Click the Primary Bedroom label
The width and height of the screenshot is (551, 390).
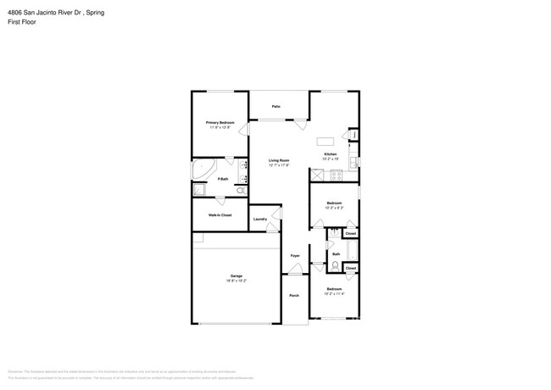click(x=220, y=122)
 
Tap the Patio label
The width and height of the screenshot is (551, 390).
click(x=276, y=106)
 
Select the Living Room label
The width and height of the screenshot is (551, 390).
click(x=280, y=160)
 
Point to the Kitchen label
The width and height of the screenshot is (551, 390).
click(x=331, y=153)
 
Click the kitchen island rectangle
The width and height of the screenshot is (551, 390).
click(x=326, y=141)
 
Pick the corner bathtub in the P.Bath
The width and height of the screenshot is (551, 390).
click(x=201, y=170)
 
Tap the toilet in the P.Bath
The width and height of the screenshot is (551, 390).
click(x=241, y=192)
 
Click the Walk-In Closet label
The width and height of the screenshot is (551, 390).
click(x=220, y=214)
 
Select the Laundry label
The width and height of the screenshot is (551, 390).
click(x=260, y=219)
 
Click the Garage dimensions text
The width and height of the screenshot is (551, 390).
click(x=237, y=280)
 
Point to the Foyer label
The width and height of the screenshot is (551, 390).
click(x=295, y=255)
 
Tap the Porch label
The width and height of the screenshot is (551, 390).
click(x=294, y=295)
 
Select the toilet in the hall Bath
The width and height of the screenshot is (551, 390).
click(x=336, y=266)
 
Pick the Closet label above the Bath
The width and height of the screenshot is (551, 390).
click(x=350, y=233)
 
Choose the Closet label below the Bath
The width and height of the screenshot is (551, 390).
click(x=350, y=268)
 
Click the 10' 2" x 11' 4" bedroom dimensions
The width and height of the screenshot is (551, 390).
click(x=334, y=293)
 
